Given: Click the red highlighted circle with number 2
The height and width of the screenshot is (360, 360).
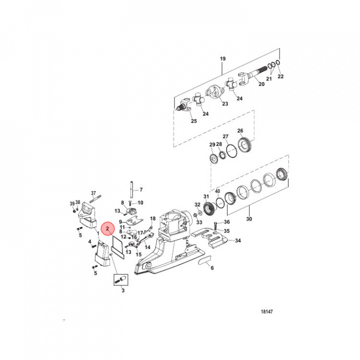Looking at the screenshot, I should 107,228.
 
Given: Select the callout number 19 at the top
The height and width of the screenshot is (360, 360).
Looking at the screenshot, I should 223,58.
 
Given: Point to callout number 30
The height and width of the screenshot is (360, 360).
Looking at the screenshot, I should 249,218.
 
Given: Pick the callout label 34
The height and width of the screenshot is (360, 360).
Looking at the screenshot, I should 238,240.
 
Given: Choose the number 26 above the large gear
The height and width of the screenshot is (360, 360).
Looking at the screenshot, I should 240,131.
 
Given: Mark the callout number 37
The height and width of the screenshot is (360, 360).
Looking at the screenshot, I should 93,193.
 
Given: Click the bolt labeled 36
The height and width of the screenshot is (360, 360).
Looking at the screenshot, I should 215,223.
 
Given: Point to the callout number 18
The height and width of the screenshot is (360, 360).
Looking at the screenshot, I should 153,218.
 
